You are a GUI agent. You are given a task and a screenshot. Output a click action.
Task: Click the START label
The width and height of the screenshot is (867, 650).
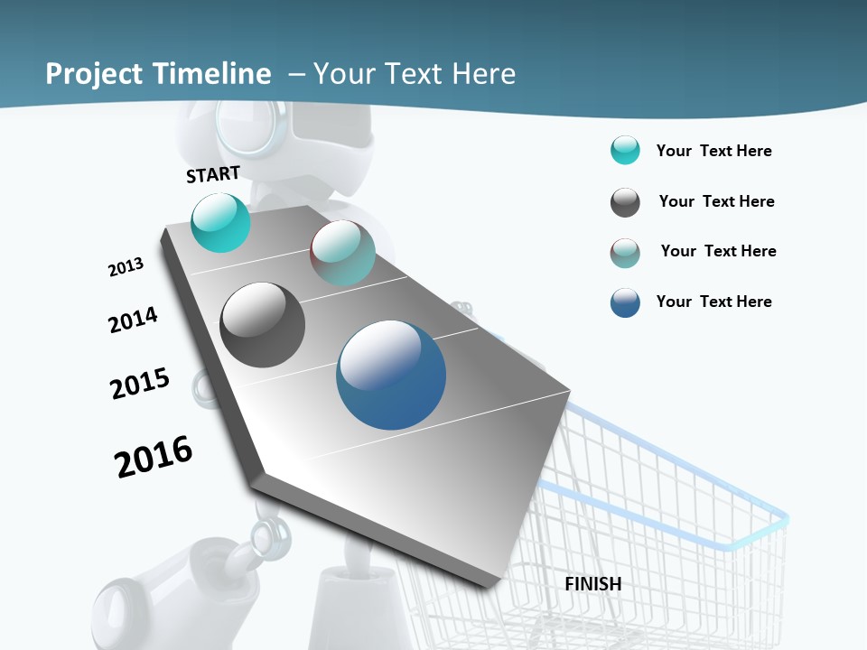213,174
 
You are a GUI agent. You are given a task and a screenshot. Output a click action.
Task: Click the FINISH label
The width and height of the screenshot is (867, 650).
593,584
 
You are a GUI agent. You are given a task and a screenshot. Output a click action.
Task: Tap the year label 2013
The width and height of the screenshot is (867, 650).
126,267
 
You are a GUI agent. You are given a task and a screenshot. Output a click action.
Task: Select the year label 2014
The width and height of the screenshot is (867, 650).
133,320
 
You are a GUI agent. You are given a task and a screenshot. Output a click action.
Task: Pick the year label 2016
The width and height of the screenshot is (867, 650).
154,457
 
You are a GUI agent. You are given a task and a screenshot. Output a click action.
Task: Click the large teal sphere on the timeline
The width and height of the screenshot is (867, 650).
220,222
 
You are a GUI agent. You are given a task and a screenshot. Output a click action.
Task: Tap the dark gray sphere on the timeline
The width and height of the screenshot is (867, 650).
263,325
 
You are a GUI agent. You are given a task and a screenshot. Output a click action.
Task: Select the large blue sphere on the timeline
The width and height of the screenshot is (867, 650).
391,375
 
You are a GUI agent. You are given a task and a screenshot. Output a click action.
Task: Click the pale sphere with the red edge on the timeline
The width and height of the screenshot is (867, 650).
342,253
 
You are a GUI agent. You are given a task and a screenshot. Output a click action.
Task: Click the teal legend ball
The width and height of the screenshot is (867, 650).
625,151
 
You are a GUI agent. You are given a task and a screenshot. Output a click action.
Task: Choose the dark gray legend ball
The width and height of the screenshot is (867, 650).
625,202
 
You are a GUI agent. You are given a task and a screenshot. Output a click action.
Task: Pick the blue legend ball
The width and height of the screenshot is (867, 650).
625,302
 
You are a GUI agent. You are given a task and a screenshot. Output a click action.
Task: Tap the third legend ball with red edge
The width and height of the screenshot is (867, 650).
625,253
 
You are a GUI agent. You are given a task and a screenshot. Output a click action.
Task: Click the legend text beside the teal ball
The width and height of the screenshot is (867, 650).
713,151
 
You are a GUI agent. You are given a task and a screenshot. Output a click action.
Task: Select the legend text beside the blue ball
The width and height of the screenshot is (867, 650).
713,302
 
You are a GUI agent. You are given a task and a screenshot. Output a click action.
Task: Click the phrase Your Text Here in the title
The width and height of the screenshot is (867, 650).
415,74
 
